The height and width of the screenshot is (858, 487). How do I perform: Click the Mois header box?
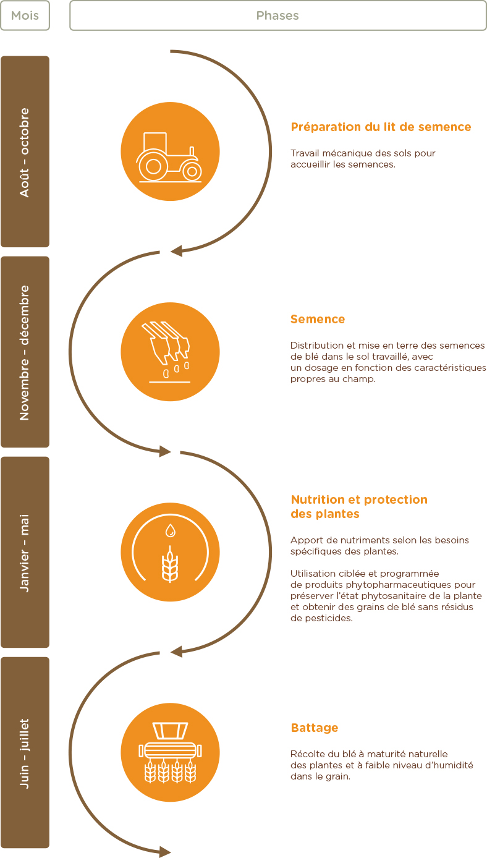click(x=25, y=15)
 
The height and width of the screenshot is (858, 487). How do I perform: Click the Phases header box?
click(x=278, y=15)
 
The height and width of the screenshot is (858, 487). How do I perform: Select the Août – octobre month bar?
click(x=25, y=151)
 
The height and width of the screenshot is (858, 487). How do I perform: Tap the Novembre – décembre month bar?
click(x=25, y=352)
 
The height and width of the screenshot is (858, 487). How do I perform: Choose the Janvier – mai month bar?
click(x=25, y=553)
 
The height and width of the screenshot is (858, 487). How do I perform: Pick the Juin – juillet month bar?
click(x=25, y=753)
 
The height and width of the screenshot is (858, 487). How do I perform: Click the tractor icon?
click(x=169, y=157)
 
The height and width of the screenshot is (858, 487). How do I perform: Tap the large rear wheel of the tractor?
click(x=153, y=166)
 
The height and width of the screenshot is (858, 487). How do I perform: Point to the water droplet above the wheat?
click(x=171, y=530)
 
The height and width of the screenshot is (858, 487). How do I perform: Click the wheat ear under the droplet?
click(x=170, y=564)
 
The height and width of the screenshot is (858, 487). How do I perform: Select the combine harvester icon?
click(x=170, y=753)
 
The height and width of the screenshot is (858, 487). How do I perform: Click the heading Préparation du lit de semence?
click(x=381, y=127)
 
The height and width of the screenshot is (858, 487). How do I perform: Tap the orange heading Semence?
click(x=318, y=319)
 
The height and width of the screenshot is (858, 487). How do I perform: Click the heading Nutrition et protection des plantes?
click(x=359, y=506)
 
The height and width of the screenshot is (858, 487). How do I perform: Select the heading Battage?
click(x=315, y=728)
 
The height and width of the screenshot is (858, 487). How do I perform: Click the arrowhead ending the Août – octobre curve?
click(x=176, y=251)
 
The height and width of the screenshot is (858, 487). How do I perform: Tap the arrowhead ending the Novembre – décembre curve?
click(x=165, y=451)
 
